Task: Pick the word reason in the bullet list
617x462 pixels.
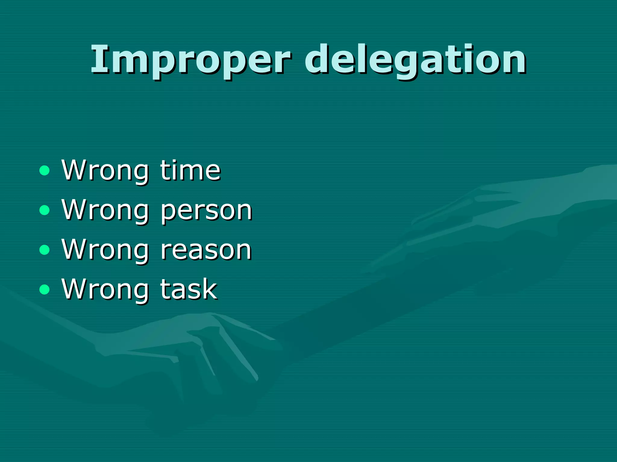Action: coord(206,250)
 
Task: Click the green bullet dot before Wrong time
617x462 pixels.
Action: coord(45,171)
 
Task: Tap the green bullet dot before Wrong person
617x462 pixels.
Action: coord(45,210)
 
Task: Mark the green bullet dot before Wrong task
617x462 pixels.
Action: coord(45,289)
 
